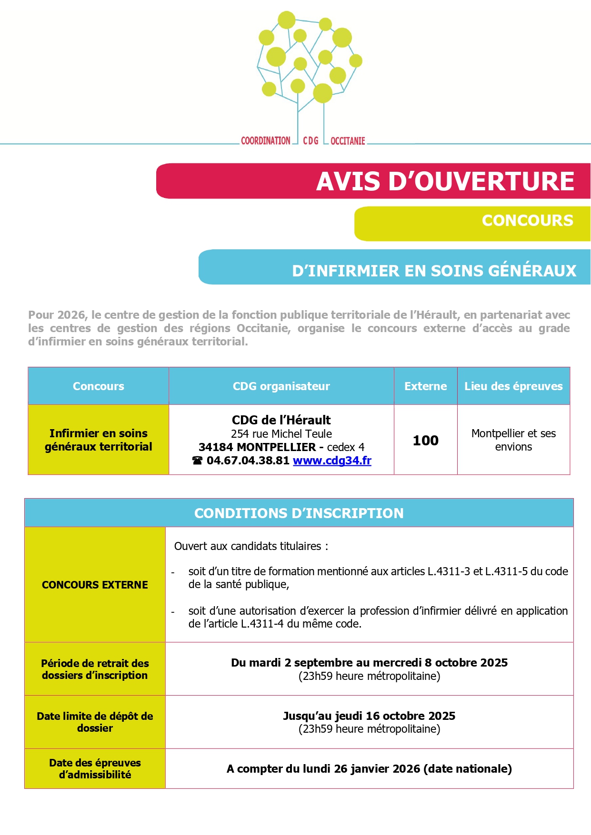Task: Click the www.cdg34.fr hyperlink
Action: click(332, 461)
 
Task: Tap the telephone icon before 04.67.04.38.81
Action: click(197, 461)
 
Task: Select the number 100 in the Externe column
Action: click(425, 440)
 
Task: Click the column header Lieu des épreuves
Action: click(513, 386)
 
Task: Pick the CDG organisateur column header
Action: click(281, 386)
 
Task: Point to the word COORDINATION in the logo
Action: click(265, 141)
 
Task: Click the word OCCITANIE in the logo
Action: click(348, 141)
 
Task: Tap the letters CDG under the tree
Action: click(311, 141)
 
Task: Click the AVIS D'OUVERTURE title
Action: click(445, 181)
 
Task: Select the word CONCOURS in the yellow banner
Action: click(527, 221)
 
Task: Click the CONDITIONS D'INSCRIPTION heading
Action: click(299, 513)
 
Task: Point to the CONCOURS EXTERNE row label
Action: click(95, 585)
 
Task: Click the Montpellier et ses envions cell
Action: click(513, 440)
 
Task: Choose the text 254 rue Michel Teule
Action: click(281, 434)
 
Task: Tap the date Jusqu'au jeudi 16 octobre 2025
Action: click(369, 716)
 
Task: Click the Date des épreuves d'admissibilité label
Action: click(95, 768)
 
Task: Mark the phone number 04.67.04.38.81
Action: click(248, 461)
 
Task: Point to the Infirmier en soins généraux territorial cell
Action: click(98, 440)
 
